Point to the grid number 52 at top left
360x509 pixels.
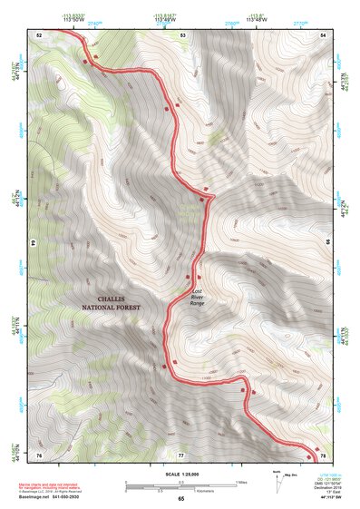tap(39, 34)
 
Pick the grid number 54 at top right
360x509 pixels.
tap(323, 34)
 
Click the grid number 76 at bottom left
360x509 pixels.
tap(39, 454)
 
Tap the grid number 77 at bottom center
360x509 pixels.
tap(180, 454)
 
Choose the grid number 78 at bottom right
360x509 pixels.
tap(322, 454)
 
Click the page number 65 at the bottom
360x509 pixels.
tap(180, 499)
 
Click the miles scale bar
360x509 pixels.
tap(180, 482)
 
